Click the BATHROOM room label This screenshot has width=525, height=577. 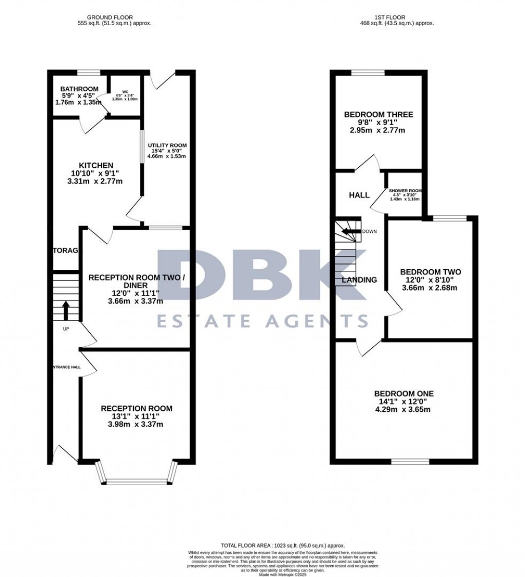click(x=79, y=89)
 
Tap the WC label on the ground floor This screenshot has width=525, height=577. click(x=117, y=92)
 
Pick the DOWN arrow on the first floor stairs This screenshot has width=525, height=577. click(x=352, y=231)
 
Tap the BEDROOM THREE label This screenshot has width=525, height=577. click(x=379, y=114)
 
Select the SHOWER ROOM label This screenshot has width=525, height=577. click(x=405, y=190)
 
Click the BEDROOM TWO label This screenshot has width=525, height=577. click(x=430, y=272)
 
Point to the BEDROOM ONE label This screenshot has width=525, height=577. click(x=404, y=393)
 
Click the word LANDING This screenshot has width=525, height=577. click(x=359, y=280)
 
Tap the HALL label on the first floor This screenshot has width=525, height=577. click(x=359, y=195)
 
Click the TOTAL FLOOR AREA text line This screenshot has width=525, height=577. click(x=282, y=545)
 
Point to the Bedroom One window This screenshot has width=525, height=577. click(x=410, y=462)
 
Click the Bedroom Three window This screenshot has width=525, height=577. click(x=368, y=73)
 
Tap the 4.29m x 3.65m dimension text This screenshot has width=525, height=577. click(x=404, y=409)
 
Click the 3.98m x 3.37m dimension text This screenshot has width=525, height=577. click(x=136, y=424)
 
